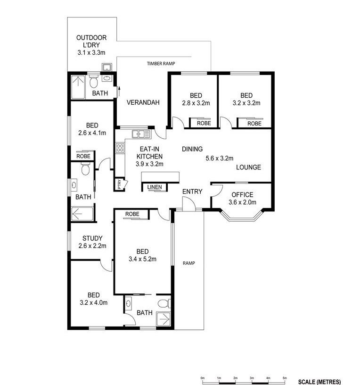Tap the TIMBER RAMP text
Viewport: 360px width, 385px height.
pos(161,64)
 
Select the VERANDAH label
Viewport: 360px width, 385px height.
pos(143,102)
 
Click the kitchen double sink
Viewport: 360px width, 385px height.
pos(141,134)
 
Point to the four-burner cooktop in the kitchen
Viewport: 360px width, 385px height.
pos(120,148)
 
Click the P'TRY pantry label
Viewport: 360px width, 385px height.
pos(119,184)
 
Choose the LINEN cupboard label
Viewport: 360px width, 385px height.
pos(155,187)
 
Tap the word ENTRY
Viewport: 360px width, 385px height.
pos(192,192)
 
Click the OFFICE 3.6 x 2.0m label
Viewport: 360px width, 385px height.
pos(242,198)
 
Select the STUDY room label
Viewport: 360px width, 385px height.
pos(92,238)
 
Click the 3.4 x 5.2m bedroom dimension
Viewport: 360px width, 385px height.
pos(142,259)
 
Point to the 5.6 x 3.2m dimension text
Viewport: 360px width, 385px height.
pos(220,159)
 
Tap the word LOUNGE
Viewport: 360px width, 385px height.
pos(248,167)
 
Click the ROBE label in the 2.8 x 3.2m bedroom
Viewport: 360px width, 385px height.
pos(204,123)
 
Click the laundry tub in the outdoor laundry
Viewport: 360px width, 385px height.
pos(107,67)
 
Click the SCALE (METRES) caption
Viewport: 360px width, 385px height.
pos(319,382)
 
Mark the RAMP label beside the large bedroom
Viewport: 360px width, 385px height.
pos(189,263)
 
